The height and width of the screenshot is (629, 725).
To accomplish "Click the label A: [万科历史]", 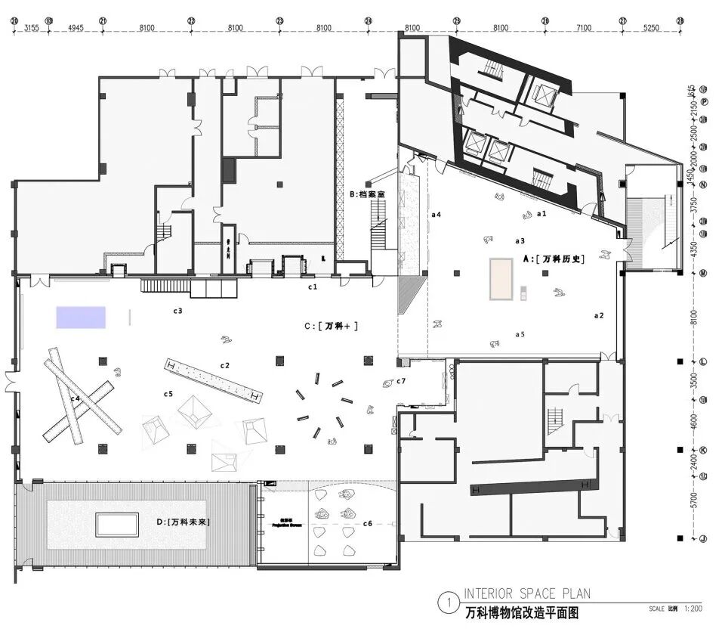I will tap(554, 259).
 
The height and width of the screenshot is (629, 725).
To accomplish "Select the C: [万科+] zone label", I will tap(331, 327).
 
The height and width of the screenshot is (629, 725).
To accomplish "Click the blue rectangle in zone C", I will tap(80, 317).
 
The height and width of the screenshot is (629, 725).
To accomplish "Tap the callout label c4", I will tap(76, 398).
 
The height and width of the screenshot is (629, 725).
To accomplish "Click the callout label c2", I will tap(224, 366).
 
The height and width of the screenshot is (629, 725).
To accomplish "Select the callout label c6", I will tap(368, 523).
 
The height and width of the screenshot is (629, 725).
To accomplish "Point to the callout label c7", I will tap(402, 380).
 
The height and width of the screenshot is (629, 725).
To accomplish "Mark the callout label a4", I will tap(436, 215).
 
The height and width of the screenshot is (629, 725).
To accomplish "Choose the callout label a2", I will tap(599, 314).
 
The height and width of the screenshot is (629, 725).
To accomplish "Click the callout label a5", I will tap(520, 333).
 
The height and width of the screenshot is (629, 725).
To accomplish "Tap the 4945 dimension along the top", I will tap(76, 28).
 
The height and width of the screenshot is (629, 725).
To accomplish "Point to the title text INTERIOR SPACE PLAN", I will tap(527, 593).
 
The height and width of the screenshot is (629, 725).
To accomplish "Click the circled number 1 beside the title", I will tap(449, 603).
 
